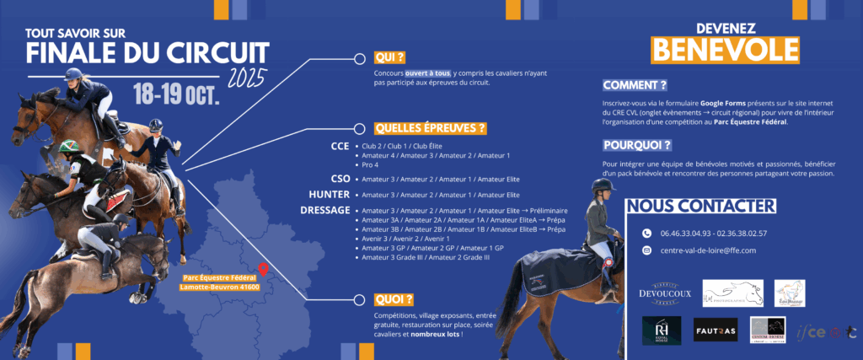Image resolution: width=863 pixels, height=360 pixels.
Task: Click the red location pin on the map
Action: point(263,270)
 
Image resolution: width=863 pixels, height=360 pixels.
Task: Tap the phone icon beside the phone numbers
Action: point(646,233)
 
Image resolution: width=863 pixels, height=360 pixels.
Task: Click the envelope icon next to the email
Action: point(646,250)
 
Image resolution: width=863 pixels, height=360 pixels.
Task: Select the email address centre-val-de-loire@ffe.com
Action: point(709,250)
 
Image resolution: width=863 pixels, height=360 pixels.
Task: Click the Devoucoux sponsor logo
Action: point(665,293)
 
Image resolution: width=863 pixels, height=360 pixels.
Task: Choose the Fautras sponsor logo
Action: point(716,330)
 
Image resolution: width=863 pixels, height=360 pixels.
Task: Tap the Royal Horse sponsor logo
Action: point(662,330)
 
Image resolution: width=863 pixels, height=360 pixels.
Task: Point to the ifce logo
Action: point(827,331)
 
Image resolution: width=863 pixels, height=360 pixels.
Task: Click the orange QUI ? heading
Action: point(390,57)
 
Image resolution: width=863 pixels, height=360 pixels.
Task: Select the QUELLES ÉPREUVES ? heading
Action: point(431,129)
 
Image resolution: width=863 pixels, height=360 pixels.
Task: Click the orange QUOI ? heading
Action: point(394,299)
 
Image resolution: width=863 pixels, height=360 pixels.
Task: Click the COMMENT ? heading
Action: point(635,85)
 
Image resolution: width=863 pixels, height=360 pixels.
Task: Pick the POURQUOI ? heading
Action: point(638,145)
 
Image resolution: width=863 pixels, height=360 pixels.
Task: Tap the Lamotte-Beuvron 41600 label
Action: point(220,287)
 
